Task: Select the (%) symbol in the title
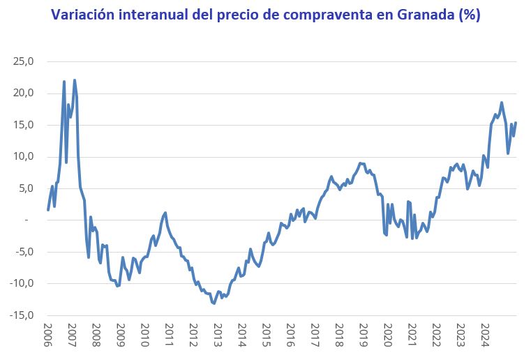click(x=468, y=14)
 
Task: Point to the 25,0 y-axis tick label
click(x=24, y=61)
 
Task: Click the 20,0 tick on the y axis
click(x=24, y=93)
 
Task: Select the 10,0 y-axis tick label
click(x=24, y=156)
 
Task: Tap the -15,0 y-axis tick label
click(x=22, y=315)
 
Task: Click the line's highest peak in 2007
click(x=75, y=80)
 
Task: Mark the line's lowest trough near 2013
click(x=214, y=303)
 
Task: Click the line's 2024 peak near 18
click(x=501, y=103)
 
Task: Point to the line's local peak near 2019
click(x=360, y=163)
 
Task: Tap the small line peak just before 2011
click(x=165, y=213)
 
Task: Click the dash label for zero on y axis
click(x=26, y=220)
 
